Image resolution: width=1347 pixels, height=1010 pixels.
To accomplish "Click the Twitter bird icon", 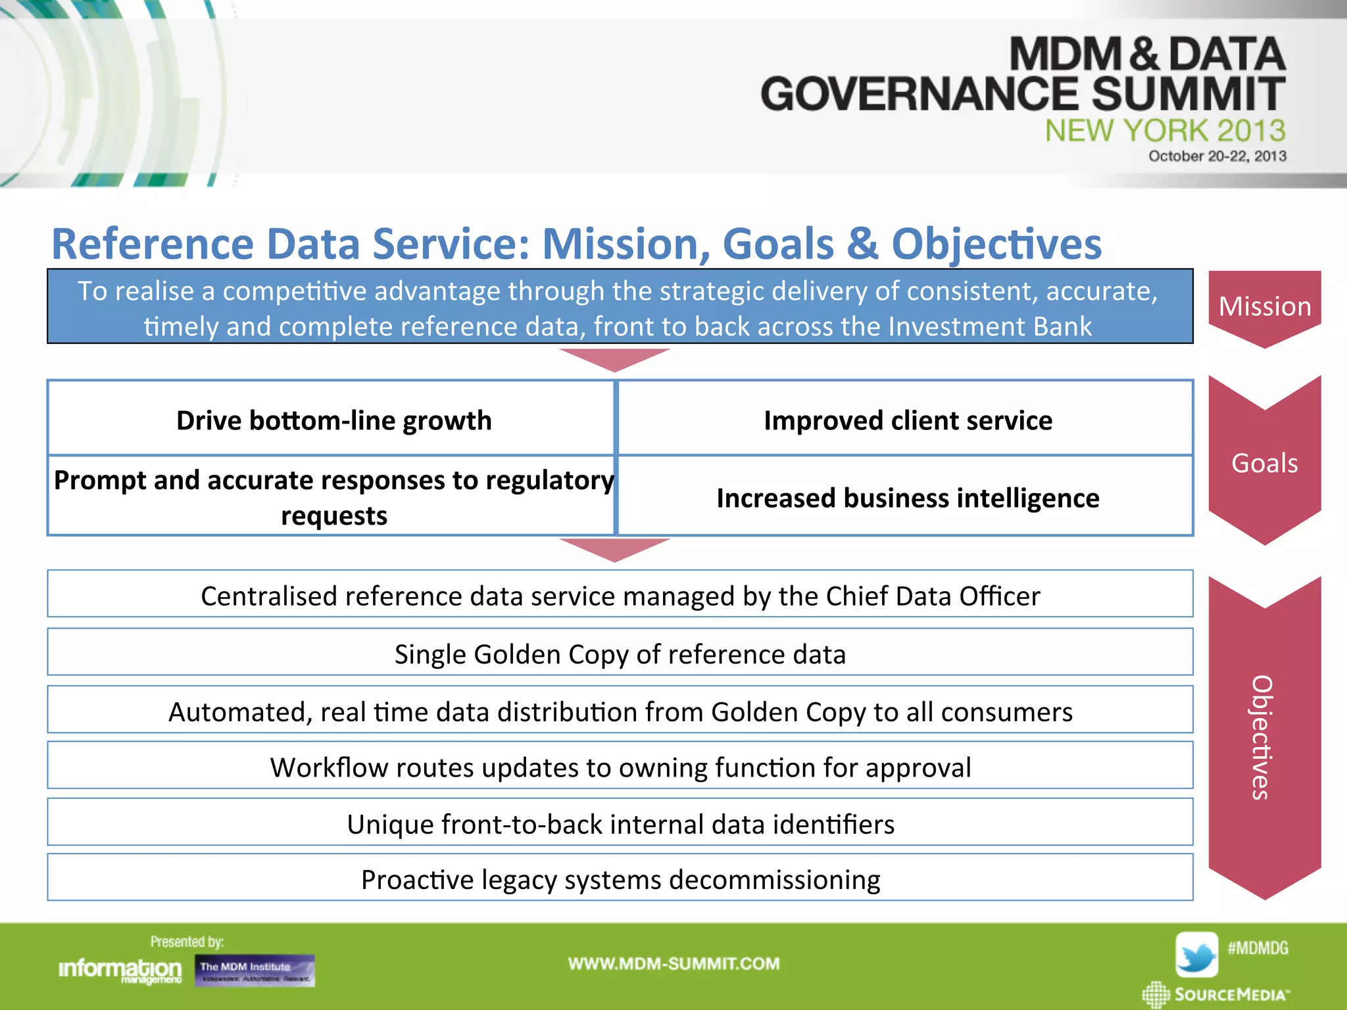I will pos(1196,954).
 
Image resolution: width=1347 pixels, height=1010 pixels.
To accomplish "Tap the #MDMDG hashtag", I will pos(1258,948).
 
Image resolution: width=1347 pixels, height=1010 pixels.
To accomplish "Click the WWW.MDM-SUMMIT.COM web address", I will pos(673,964).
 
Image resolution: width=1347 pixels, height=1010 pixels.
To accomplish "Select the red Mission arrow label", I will pos(1264,306).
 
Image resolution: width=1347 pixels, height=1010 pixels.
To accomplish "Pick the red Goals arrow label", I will pos(1264,463).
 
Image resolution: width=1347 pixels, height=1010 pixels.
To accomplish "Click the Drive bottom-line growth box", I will pos(333,420).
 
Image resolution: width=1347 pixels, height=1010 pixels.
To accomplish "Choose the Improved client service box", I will pos(907,420).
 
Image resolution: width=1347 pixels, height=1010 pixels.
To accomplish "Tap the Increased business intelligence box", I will pos(907,498).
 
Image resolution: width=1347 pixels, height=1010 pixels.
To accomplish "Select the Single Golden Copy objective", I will pos(620,654).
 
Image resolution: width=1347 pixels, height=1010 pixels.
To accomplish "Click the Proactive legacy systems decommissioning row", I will pos(620,879).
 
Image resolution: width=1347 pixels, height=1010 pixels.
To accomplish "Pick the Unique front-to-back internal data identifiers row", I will pos(620,824).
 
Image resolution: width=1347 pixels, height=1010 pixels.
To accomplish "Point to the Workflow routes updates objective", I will pos(620,767).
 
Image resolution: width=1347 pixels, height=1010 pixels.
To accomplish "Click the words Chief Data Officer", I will pos(933,596).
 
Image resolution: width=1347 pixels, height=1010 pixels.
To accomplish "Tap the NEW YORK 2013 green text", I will pos(1165,130).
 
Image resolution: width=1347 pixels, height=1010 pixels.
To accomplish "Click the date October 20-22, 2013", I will pos(1217,156).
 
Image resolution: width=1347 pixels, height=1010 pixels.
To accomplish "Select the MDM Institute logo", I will pos(255,971).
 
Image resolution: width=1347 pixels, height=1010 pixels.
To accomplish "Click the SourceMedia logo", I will pos(1216,994).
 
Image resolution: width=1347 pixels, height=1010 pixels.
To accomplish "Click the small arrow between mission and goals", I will pos(614,359).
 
